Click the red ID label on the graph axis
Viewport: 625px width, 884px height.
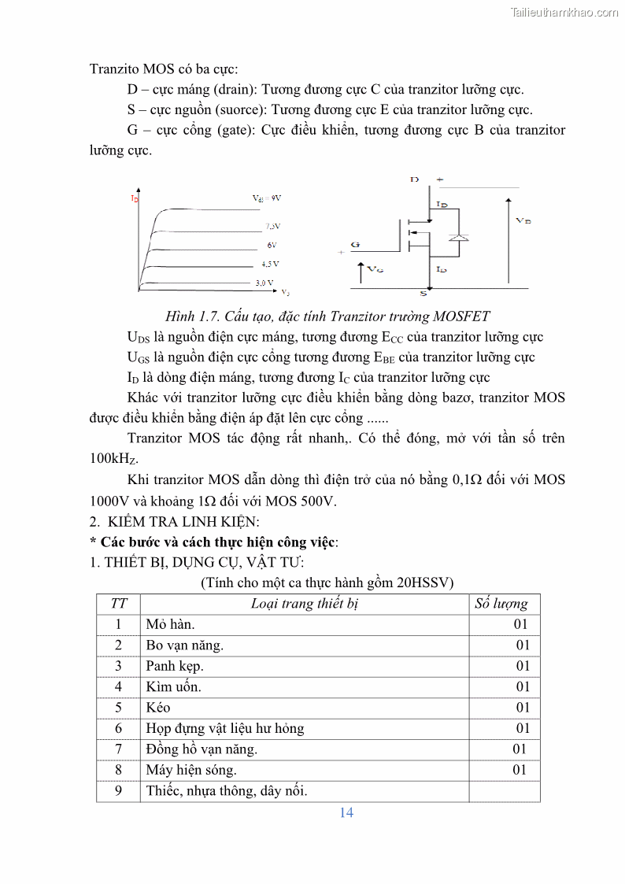pyautogui.click(x=134, y=199)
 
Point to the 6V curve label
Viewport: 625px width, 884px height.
pyautogui.click(x=272, y=246)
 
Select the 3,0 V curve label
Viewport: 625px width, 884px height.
pyautogui.click(x=264, y=282)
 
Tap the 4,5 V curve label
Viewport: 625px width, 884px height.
pyautogui.click(x=270, y=264)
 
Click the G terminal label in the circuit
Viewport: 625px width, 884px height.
pyautogui.click(x=355, y=245)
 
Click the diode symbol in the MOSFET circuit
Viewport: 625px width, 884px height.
pyautogui.click(x=462, y=237)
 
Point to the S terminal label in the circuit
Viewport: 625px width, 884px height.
pyautogui.click(x=423, y=294)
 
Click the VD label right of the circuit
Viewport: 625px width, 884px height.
pyautogui.click(x=523, y=221)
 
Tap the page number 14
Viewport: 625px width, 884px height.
pyautogui.click(x=346, y=812)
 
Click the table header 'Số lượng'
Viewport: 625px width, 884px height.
pyautogui.click(x=502, y=604)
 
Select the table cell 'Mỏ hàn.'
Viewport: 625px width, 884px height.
pyautogui.click(x=170, y=624)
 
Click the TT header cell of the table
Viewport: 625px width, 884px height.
pyautogui.click(x=119, y=604)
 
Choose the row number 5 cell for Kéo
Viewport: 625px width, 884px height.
pyautogui.click(x=119, y=708)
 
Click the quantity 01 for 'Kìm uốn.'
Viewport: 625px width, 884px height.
pyautogui.click(x=523, y=686)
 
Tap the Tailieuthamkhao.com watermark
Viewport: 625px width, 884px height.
pyautogui.click(x=564, y=12)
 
